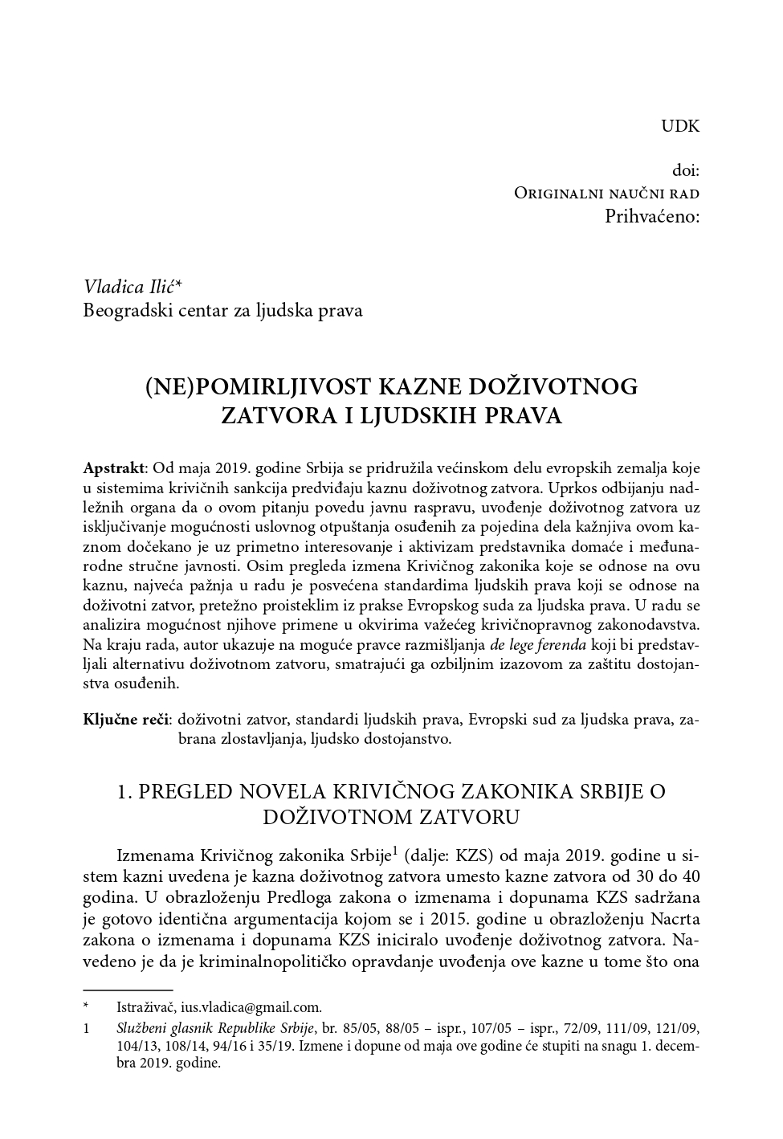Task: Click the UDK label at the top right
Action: [680, 126]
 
